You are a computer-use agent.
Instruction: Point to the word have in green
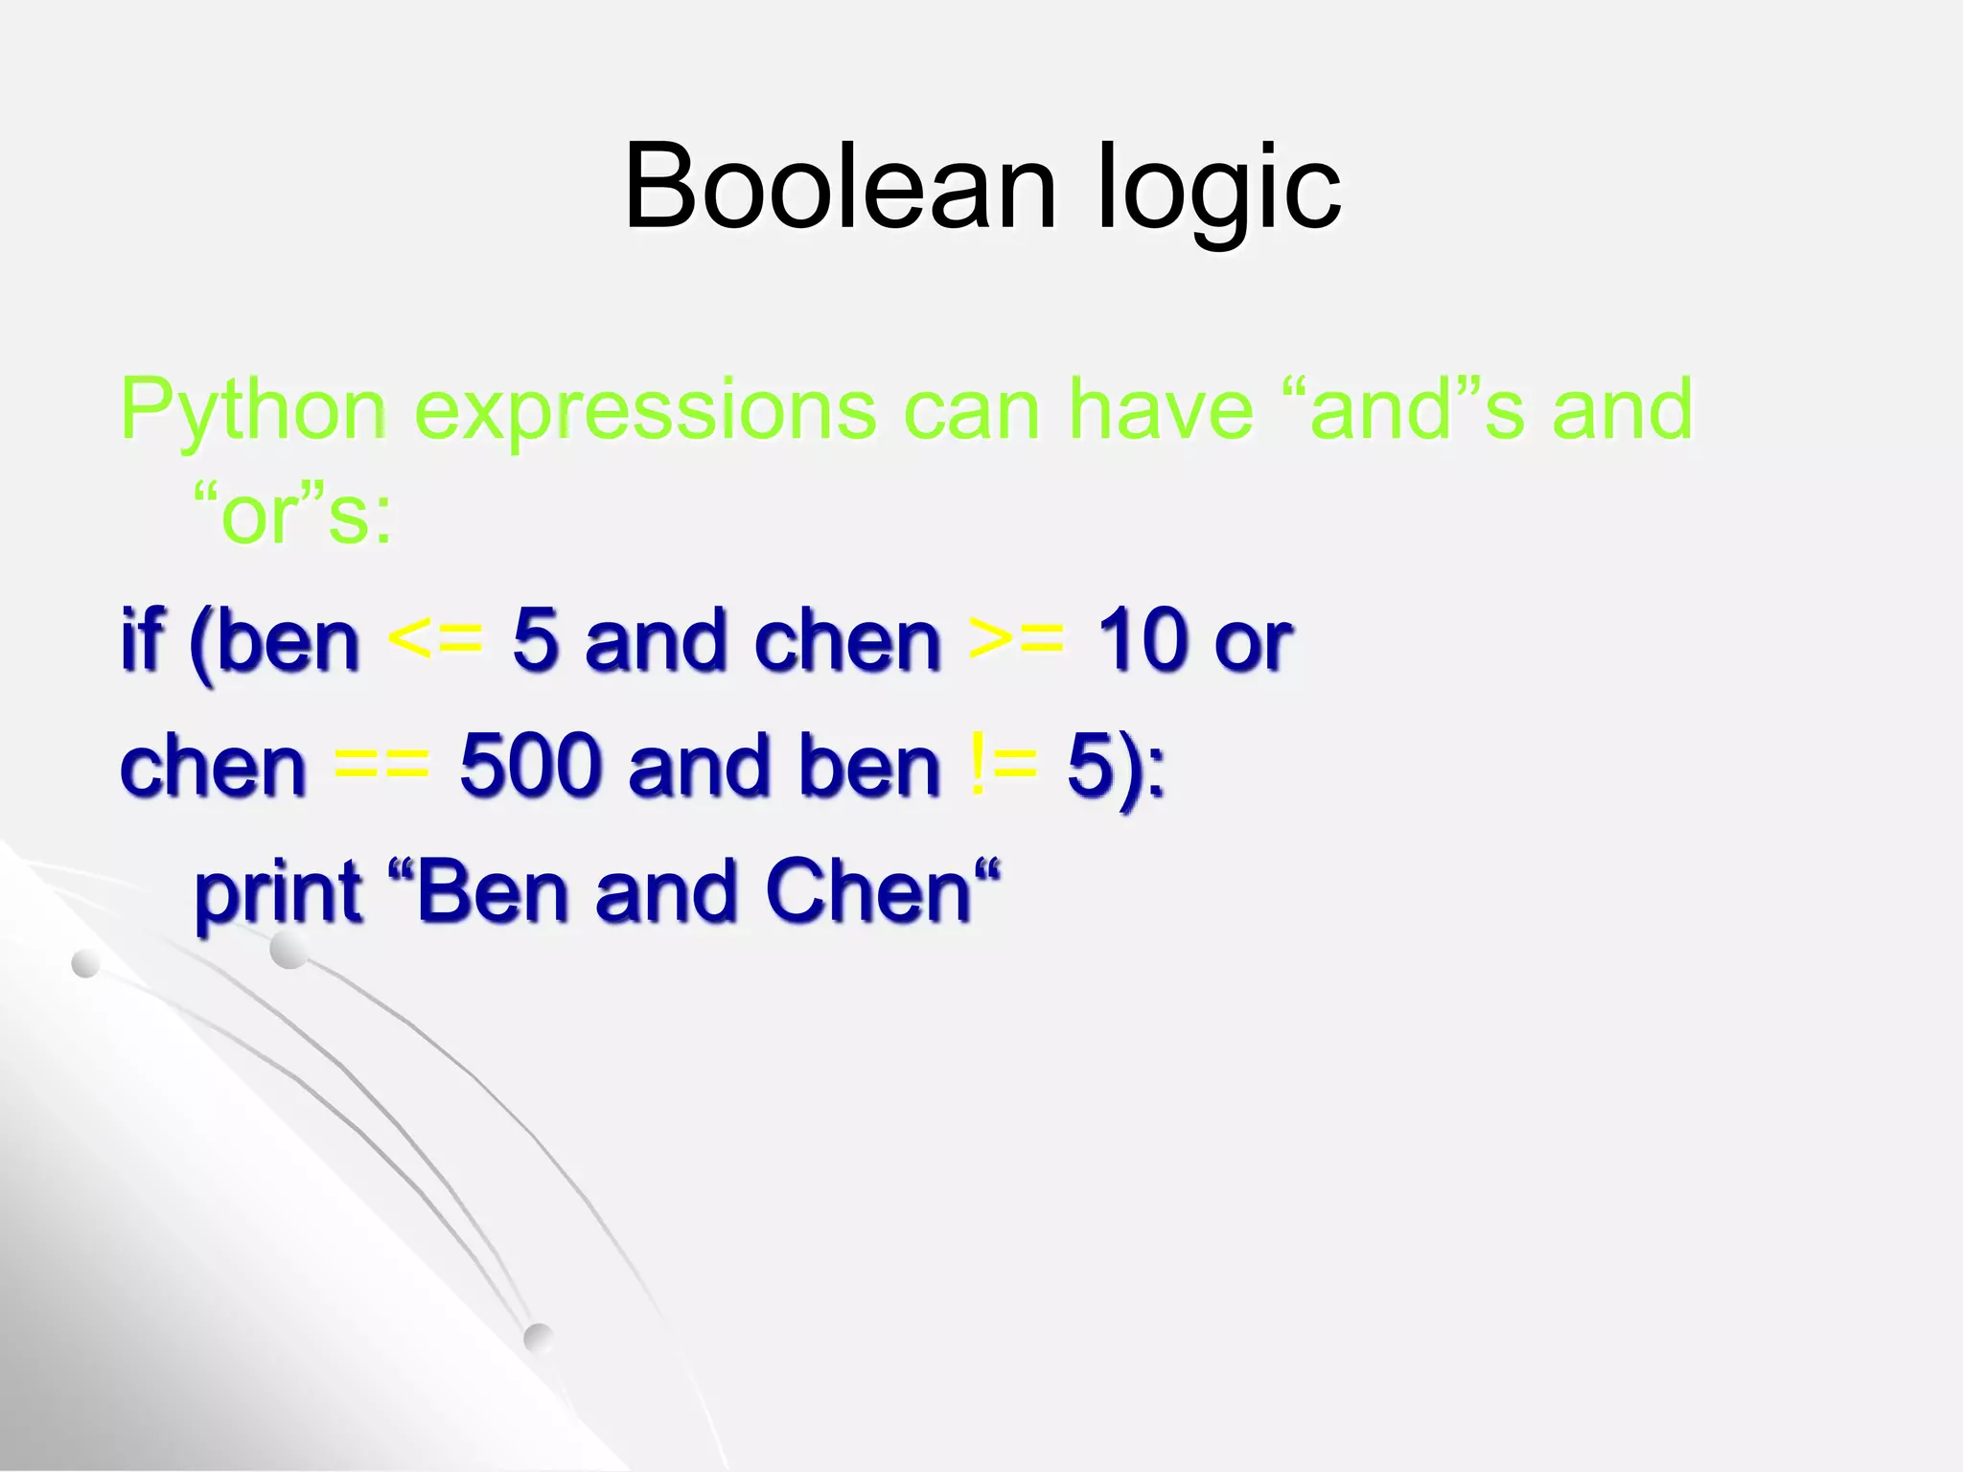pyautogui.click(x=1160, y=409)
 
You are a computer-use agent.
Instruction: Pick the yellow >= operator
pyautogui.click(x=1016, y=638)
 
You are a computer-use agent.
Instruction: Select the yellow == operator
pyautogui.click(x=381, y=766)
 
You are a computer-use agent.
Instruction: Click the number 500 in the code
pyautogui.click(x=529, y=766)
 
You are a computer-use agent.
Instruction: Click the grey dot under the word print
pyautogui.click(x=289, y=951)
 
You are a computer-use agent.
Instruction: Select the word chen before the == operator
pyautogui.click(x=213, y=766)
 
